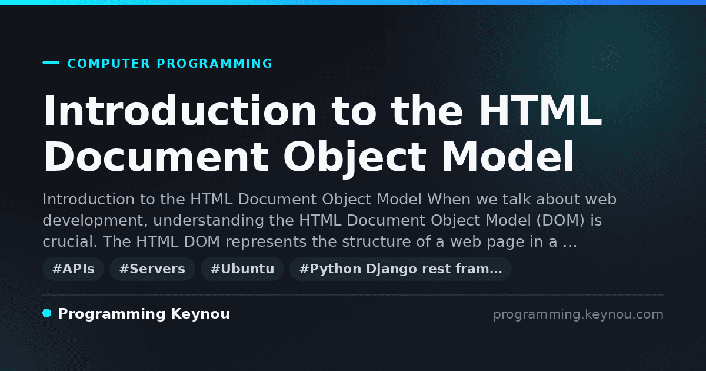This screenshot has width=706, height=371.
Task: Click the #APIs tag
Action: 73,269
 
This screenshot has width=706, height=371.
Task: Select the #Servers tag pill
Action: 152,269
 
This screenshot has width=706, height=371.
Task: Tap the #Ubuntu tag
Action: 242,269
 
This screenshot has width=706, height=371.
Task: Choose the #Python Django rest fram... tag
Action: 401,269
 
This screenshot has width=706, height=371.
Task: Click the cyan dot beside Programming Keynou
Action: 47,313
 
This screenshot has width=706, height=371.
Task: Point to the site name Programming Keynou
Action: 144,314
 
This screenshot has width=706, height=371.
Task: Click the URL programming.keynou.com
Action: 578,314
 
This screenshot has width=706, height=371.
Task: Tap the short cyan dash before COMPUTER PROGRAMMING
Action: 51,62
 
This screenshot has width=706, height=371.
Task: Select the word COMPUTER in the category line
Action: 109,64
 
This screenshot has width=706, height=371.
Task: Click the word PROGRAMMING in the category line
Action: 215,64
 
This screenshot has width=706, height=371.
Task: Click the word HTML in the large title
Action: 541,111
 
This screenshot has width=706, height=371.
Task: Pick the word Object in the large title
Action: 355,157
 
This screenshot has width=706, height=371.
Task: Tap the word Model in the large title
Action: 507,157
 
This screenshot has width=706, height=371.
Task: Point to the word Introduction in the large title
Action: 179,111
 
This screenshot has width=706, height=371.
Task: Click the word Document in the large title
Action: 156,157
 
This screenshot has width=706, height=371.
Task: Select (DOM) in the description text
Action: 561,220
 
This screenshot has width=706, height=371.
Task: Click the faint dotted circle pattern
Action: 608,59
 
